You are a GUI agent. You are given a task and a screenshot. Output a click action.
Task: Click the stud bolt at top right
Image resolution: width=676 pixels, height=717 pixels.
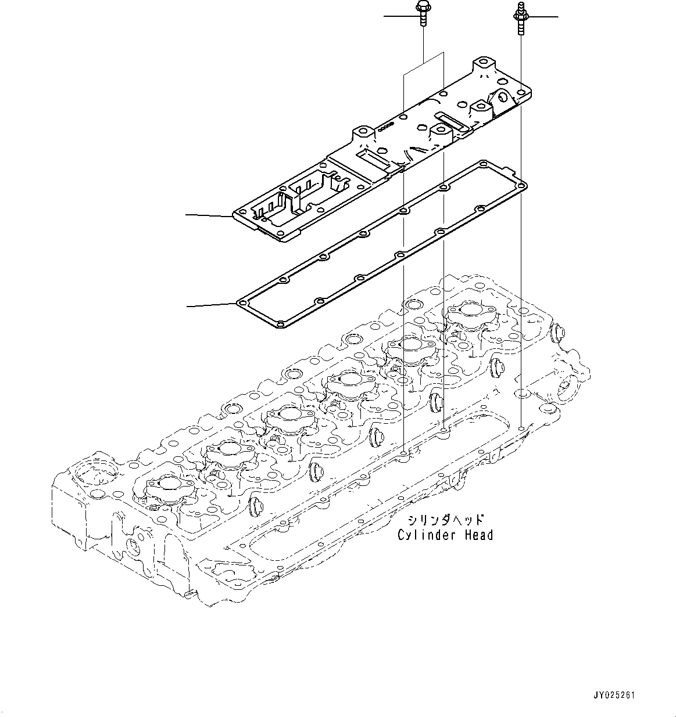tap(520, 16)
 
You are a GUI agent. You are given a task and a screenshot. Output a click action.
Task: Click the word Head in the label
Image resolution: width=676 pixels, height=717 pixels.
tap(478, 535)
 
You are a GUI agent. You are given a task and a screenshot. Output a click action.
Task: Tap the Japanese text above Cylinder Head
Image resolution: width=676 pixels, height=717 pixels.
tap(446, 520)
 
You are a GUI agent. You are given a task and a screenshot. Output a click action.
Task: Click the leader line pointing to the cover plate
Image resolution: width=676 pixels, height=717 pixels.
tap(208, 216)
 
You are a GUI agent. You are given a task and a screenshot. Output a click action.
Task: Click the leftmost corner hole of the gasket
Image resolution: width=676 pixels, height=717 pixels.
tap(241, 303)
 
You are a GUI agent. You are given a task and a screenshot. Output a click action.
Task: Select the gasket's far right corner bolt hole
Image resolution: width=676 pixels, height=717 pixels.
tap(522, 186)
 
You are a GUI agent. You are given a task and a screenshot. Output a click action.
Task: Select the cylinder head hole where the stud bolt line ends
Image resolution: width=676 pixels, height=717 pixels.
tap(522, 429)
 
